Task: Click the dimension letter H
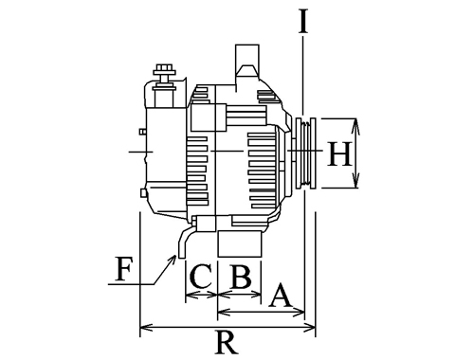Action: (x=339, y=153)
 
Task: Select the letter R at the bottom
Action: (x=227, y=342)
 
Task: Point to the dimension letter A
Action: (x=281, y=296)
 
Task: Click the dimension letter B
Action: (x=242, y=277)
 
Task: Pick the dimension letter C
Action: (x=201, y=277)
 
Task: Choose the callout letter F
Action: (x=122, y=269)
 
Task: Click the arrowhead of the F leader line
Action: (x=173, y=258)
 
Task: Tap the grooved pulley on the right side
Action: (x=305, y=153)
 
